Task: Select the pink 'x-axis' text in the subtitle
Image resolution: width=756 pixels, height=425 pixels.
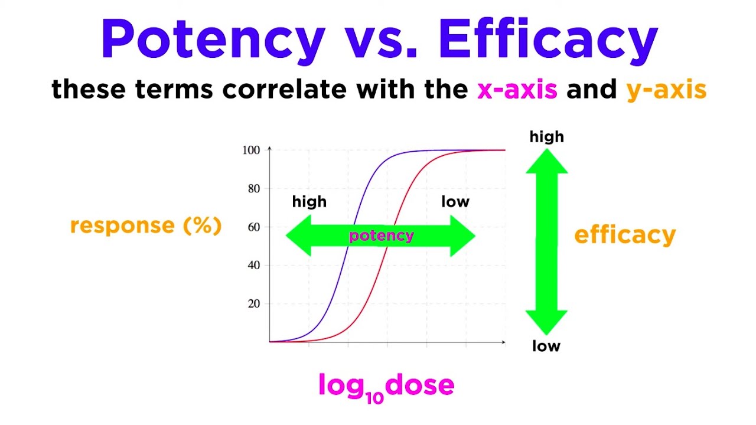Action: pos(517,90)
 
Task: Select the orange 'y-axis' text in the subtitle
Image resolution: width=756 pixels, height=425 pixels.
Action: pos(666,90)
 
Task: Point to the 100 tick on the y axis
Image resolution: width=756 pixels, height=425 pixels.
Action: pos(251,151)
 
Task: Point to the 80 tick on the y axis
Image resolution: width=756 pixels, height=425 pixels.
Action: pos(253,189)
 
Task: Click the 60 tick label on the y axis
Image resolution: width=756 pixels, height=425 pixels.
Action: pos(253,227)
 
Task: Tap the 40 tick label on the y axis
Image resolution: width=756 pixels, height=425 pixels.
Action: pos(253,266)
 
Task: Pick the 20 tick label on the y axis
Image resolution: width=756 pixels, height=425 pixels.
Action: pos(253,304)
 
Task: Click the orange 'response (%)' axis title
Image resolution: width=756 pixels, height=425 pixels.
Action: pos(146,225)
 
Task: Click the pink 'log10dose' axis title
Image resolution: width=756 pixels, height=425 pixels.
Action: pos(386,386)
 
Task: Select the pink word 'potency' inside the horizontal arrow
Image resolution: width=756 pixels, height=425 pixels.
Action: pos(381,236)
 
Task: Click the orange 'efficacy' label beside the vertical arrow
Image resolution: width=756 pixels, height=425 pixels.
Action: pos(625,235)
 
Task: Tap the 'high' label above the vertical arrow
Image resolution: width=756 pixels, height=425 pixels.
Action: pos(546,137)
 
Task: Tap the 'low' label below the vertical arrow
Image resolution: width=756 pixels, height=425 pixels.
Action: pos(546,346)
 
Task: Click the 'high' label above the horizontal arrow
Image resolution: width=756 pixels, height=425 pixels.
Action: pos(309,202)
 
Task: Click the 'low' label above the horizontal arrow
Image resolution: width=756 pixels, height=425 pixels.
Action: pos(455,202)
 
